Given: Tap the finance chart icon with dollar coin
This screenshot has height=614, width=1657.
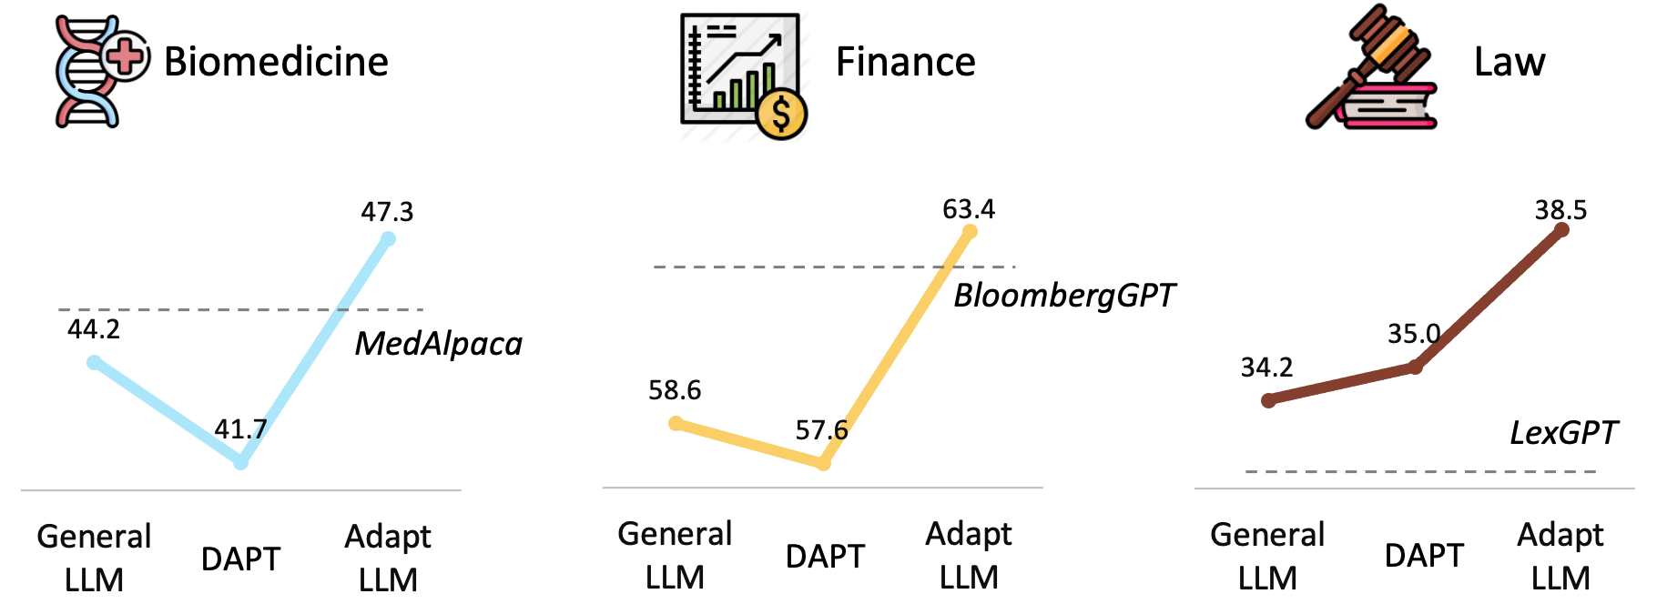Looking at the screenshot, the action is (744, 76).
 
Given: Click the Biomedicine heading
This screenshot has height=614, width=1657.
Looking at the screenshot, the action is (276, 62).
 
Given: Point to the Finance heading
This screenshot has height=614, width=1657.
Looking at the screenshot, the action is (905, 62).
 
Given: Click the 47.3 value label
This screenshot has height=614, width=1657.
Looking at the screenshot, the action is (387, 212).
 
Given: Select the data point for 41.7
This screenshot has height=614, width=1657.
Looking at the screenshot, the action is (240, 462).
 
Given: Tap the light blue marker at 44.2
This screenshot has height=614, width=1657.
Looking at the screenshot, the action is (94, 362).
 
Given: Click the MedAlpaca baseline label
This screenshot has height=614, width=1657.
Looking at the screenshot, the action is (438, 344).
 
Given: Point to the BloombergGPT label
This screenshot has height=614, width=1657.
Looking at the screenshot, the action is (1064, 296).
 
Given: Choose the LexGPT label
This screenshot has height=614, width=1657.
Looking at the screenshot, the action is (1563, 433).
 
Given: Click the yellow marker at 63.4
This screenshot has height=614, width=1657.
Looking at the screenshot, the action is (970, 232).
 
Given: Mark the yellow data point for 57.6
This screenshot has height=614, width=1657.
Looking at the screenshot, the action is (823, 463).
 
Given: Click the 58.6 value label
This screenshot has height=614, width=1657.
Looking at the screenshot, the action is (675, 390).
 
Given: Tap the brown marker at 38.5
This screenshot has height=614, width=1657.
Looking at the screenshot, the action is (1561, 229).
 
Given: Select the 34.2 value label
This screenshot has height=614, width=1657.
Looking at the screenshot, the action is (1266, 367).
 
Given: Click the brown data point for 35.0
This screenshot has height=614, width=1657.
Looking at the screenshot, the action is (1415, 367).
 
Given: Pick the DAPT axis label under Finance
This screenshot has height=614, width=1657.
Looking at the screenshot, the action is (825, 556).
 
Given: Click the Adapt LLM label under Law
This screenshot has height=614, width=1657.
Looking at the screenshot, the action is (1560, 556).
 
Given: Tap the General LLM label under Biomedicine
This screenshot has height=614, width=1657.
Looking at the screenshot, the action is (94, 558).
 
